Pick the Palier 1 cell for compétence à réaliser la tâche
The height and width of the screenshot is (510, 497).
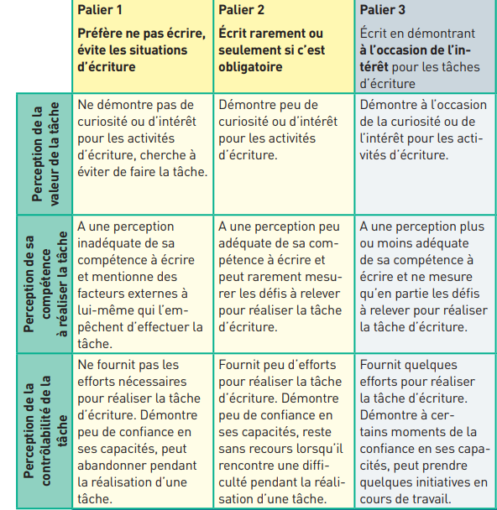[141, 285]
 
